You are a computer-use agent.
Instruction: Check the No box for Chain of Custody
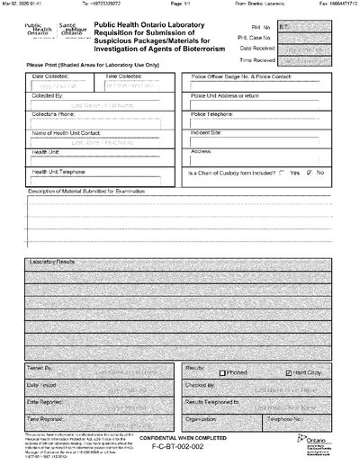pyautogui.click(x=310, y=172)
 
